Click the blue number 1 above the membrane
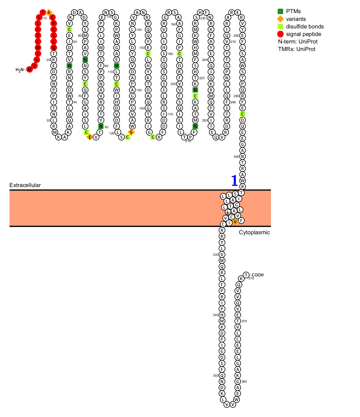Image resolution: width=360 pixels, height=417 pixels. pyautogui.click(x=234, y=181)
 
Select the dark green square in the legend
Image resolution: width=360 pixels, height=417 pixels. pyautogui.click(x=280, y=11)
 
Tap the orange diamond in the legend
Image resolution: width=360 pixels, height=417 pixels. pyautogui.click(x=280, y=19)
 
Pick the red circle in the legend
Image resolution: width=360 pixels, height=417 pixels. pyautogui.click(x=280, y=34)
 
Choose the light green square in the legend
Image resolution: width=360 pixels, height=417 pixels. pyautogui.click(x=280, y=26)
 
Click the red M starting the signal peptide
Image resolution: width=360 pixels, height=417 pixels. pyautogui.click(x=29, y=69)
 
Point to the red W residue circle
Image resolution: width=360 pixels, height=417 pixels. pyautogui.click(x=38, y=47)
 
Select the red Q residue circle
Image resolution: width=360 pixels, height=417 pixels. pyautogui.click(x=53, y=47)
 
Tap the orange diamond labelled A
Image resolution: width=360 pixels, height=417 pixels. pyautogui.click(x=49, y=12)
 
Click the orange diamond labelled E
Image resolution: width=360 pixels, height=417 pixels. pyautogui.click(x=90, y=137)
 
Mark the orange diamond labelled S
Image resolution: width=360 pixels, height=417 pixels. pyautogui.click(x=131, y=132)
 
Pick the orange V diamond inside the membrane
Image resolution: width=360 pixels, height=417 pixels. pyautogui.click(x=235, y=222)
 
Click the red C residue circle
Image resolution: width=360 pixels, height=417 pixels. pyautogui.click(x=53, y=29)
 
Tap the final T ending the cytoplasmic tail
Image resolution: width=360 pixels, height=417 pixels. pyautogui.click(x=246, y=275)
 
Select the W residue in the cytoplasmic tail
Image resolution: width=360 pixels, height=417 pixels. pyautogui.click(x=236, y=400)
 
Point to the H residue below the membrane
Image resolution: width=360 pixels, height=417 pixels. pyautogui.click(x=222, y=315)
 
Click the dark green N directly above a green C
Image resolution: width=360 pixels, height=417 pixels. pyautogui.click(x=195, y=90)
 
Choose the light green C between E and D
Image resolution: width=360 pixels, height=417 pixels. pyautogui.click(x=242, y=114)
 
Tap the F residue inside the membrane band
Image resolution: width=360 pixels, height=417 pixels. pyautogui.click(x=241, y=221)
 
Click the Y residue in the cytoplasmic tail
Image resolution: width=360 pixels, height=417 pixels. pyautogui.click(x=222, y=242)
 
